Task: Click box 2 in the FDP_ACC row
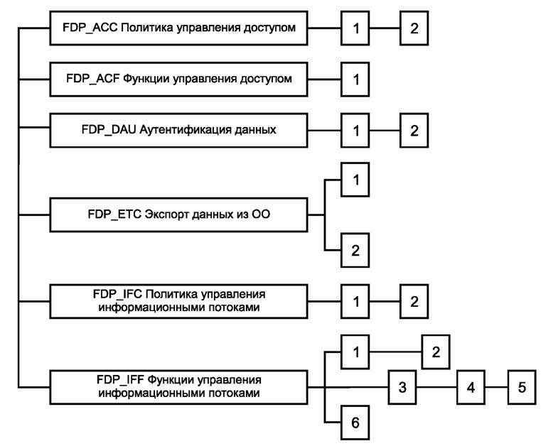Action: (x=414, y=28)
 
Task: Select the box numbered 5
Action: (x=521, y=387)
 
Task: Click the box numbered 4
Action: (x=470, y=387)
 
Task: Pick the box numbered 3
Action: (x=402, y=387)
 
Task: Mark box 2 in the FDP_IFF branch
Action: (x=436, y=352)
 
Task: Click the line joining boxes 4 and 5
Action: (x=495, y=387)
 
